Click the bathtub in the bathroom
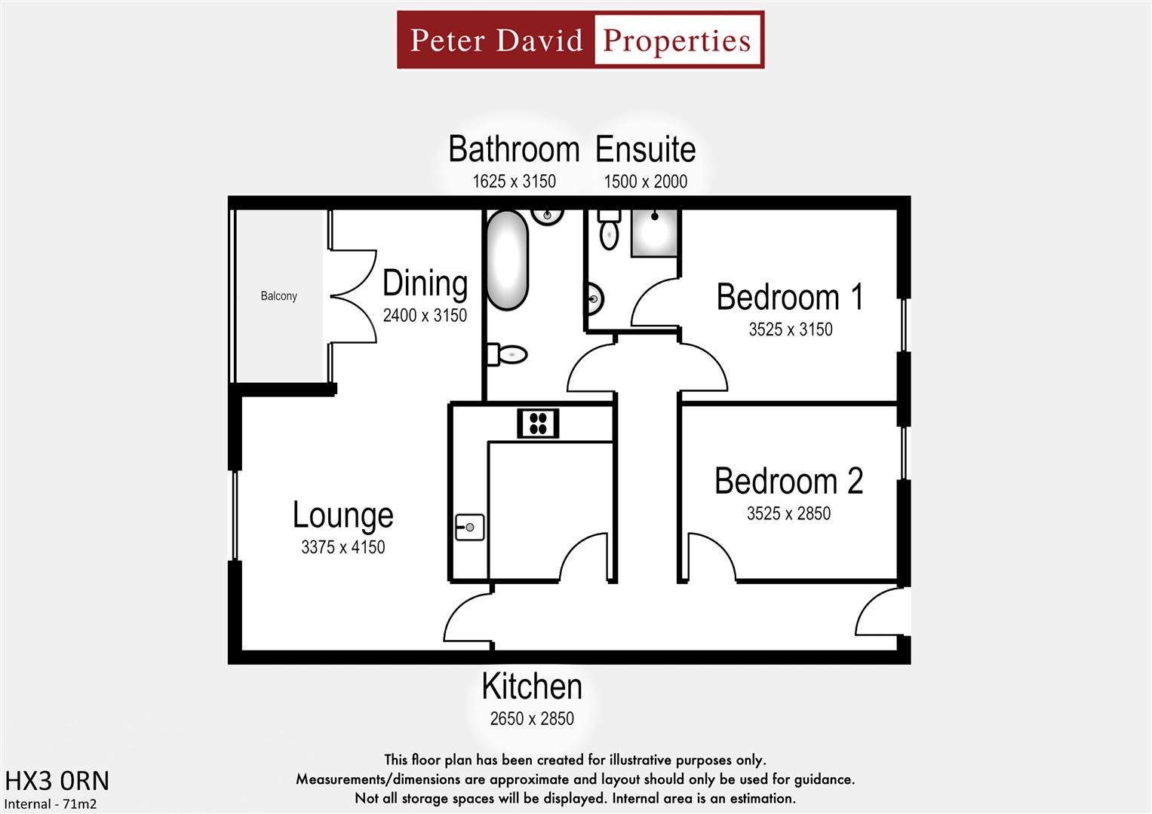pyautogui.click(x=506, y=260)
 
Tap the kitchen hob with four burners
pyautogui.click(x=538, y=423)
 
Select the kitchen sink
pyautogui.click(x=469, y=527)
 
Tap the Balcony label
pyautogui.click(x=278, y=296)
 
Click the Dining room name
pyautogui.click(x=425, y=284)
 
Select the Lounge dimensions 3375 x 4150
pyautogui.click(x=343, y=547)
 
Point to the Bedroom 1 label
pyautogui.click(x=789, y=297)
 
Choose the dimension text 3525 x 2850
pyautogui.click(x=788, y=514)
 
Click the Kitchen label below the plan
pyautogui.click(x=532, y=687)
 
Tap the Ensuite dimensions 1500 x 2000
pyautogui.click(x=645, y=182)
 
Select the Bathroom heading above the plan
pyautogui.click(x=514, y=149)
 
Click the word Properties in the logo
pyautogui.click(x=677, y=40)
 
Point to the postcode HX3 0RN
pyautogui.click(x=57, y=781)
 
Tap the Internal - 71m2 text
pyautogui.click(x=51, y=804)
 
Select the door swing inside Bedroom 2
pyautogui.click(x=710, y=556)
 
